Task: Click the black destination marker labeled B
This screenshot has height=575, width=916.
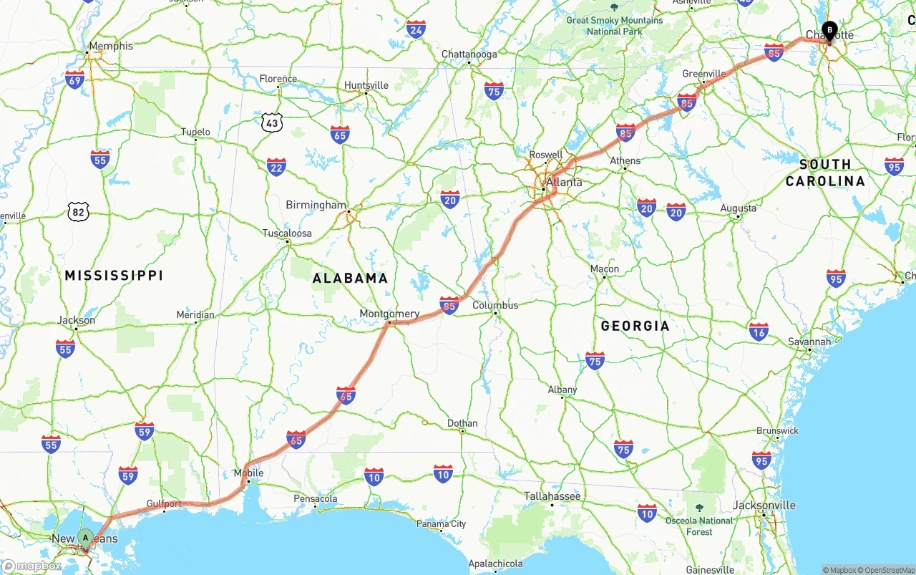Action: [829, 31]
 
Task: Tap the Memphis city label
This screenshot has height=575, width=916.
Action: [110, 46]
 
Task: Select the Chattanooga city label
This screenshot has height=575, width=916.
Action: [469, 54]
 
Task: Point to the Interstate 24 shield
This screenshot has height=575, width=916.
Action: [416, 29]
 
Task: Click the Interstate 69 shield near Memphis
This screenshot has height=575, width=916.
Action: [74, 79]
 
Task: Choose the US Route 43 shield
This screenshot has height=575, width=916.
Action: [272, 122]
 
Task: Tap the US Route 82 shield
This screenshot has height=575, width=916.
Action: [79, 211]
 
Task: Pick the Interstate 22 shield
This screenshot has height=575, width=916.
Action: [276, 167]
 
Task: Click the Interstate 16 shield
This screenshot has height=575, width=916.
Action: [759, 332]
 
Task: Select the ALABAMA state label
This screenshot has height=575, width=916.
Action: [350, 278]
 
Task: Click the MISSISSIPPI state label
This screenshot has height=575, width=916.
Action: [114, 275]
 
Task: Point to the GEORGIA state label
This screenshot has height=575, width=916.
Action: [635, 326]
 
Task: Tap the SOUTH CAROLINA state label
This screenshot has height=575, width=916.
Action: [825, 173]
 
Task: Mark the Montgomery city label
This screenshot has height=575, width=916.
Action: [389, 314]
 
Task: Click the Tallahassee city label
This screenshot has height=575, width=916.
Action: [552, 496]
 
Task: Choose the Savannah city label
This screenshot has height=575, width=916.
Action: [809, 342]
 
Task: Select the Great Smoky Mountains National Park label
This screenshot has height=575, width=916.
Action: [614, 26]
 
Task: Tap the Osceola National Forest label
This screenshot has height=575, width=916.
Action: [698, 526]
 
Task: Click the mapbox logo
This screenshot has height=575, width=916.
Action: [31, 566]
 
